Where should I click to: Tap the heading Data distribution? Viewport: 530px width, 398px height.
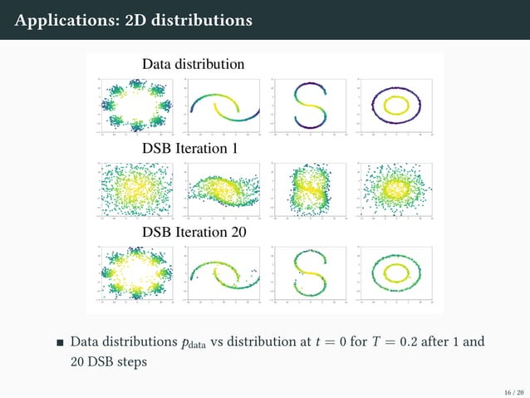193,64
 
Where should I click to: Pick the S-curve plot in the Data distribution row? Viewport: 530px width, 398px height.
307,106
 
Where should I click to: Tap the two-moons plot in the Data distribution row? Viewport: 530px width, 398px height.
222,106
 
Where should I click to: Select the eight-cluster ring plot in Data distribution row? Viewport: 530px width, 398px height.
136,106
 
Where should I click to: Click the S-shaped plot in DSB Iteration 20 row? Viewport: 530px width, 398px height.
307,271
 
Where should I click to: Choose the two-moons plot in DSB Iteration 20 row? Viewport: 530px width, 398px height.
222,271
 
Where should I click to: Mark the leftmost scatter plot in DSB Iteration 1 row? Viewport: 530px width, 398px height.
136,189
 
